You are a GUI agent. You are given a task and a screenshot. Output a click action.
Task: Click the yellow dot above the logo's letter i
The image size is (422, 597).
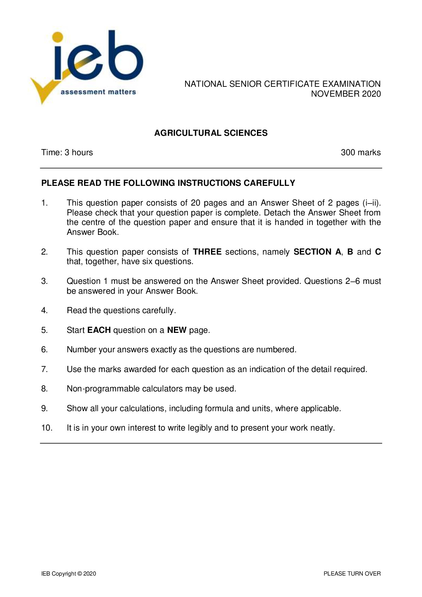pyautogui.click(x=58, y=37)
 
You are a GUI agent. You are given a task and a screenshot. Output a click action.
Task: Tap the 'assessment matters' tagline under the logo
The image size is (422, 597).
pyautogui.click(x=98, y=92)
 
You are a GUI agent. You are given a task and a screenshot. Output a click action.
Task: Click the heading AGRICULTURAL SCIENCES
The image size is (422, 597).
pyautogui.click(x=211, y=133)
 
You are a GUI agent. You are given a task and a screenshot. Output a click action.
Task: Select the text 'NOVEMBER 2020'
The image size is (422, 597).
pyautogui.click(x=346, y=94)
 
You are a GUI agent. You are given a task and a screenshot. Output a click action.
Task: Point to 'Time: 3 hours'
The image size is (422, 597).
pyautogui.click(x=67, y=152)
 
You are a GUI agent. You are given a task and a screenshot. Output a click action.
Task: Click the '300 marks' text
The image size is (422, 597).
pyautogui.click(x=360, y=152)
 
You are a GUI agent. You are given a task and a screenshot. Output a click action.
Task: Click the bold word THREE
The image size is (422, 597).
pyautogui.click(x=207, y=252)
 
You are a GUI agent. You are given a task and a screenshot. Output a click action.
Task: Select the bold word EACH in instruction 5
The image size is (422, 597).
pyautogui.click(x=99, y=330)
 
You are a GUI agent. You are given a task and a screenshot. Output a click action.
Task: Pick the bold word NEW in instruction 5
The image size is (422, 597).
pyautogui.click(x=177, y=330)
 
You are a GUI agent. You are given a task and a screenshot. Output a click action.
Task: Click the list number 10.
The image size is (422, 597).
pyautogui.click(x=47, y=428)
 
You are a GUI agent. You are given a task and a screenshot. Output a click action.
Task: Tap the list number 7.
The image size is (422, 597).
pyautogui.click(x=44, y=369)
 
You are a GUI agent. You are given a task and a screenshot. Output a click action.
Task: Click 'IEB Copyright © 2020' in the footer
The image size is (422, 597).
pyautogui.click(x=68, y=574)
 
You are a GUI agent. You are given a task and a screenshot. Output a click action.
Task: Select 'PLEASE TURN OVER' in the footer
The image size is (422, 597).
pyautogui.click(x=352, y=574)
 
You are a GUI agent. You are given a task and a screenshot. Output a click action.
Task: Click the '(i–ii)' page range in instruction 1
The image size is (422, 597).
pyautogui.click(x=372, y=203)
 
